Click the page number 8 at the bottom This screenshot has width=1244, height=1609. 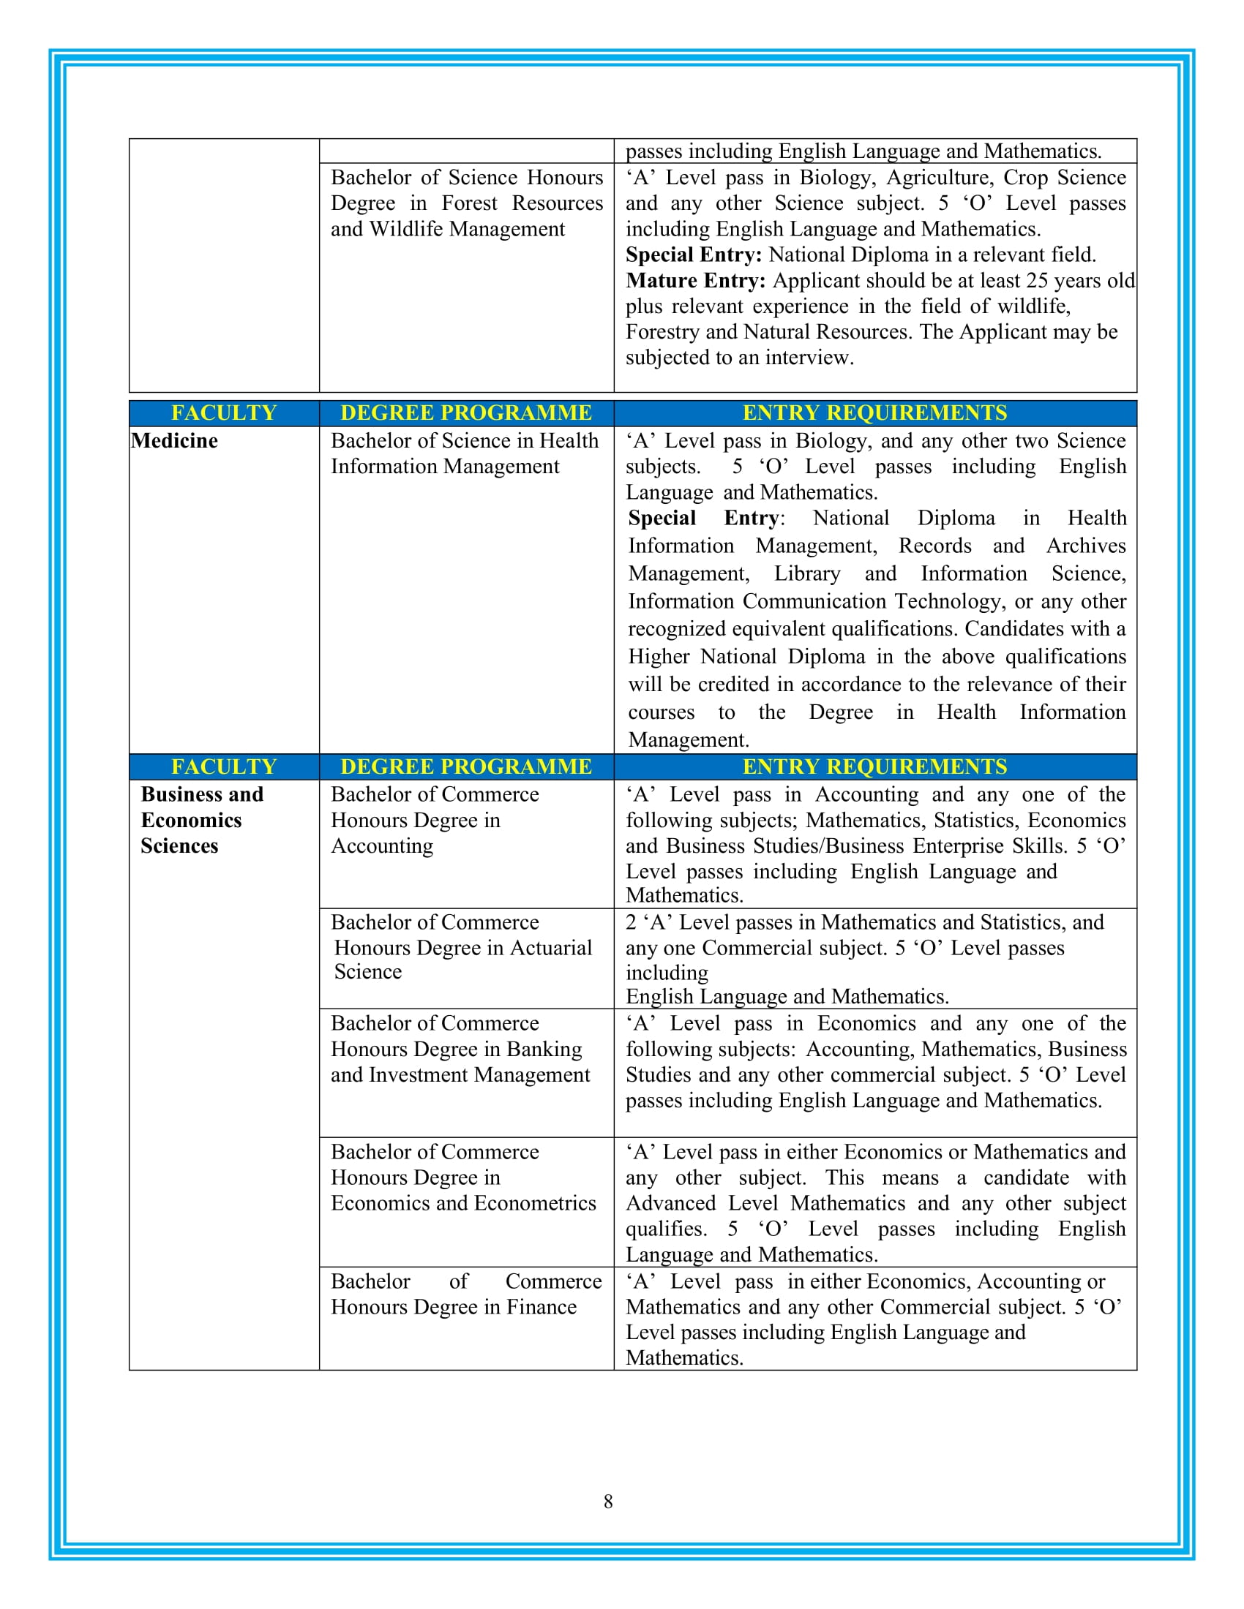tap(608, 1501)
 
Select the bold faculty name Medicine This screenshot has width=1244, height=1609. tap(175, 440)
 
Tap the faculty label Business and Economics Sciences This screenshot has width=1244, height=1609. tap(201, 820)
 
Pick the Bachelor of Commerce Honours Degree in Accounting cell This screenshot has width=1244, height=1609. tap(435, 820)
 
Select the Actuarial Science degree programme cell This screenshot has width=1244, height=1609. tap(462, 947)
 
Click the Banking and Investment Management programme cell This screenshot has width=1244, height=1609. tap(460, 1049)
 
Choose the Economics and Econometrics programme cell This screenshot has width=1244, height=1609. tap(462, 1177)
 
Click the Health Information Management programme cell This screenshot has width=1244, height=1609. tap(464, 454)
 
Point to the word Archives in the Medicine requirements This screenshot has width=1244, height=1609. tap(1085, 546)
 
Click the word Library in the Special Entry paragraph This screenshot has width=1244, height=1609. tap(806, 574)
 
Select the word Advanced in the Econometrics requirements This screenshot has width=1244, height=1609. tap(670, 1203)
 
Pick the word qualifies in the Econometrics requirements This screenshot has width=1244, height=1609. tap(665, 1229)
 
